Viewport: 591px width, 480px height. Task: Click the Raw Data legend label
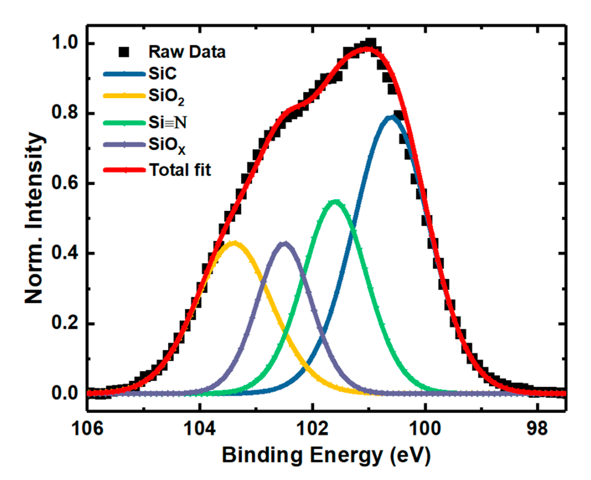coord(187,52)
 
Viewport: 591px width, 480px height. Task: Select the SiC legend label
coord(163,74)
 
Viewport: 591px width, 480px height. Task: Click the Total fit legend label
coord(180,170)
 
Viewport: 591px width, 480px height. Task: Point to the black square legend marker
coord(124,52)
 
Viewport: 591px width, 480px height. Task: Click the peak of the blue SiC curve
coord(391,117)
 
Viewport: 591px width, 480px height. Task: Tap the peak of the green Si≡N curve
coord(335,201)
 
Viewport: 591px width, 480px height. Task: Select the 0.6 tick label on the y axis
coord(64,184)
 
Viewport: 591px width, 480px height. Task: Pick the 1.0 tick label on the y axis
coord(64,44)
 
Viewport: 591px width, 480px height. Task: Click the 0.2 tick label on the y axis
coord(64,323)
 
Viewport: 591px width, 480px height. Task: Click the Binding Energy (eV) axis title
coord(326,455)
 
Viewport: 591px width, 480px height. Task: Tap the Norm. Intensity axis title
coord(34,218)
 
